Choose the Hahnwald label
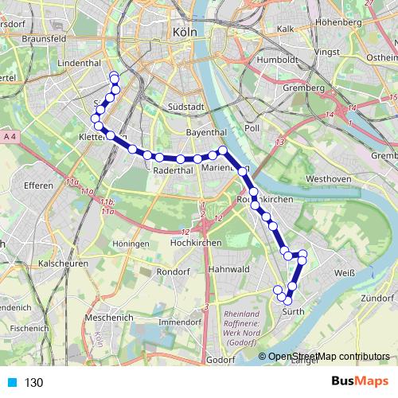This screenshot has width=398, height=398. [228, 270]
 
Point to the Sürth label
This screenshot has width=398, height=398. [295, 314]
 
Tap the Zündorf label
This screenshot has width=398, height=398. [378, 298]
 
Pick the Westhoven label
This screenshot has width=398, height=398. [329, 179]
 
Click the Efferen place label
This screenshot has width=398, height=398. [38, 185]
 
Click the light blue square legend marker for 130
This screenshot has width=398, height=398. [11, 383]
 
